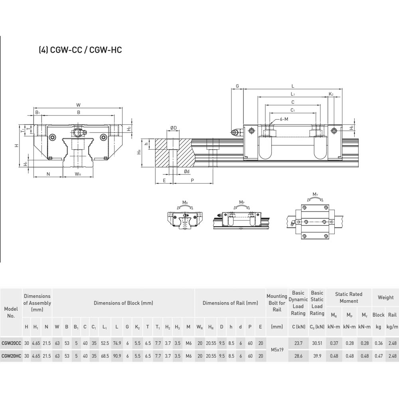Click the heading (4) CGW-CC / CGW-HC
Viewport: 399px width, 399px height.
(81, 49)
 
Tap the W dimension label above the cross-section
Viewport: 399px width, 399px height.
(78, 105)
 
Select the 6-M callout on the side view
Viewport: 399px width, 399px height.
(284, 119)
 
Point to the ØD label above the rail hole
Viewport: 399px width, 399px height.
(174, 128)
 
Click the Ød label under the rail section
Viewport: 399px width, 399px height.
(187, 172)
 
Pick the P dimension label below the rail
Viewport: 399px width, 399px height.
(192, 180)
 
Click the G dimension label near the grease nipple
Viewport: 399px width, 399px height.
(237, 86)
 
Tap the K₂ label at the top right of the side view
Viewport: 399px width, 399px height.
(331, 94)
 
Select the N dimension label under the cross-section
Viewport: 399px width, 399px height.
(48, 174)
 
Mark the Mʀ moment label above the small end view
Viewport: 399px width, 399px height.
(185, 203)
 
